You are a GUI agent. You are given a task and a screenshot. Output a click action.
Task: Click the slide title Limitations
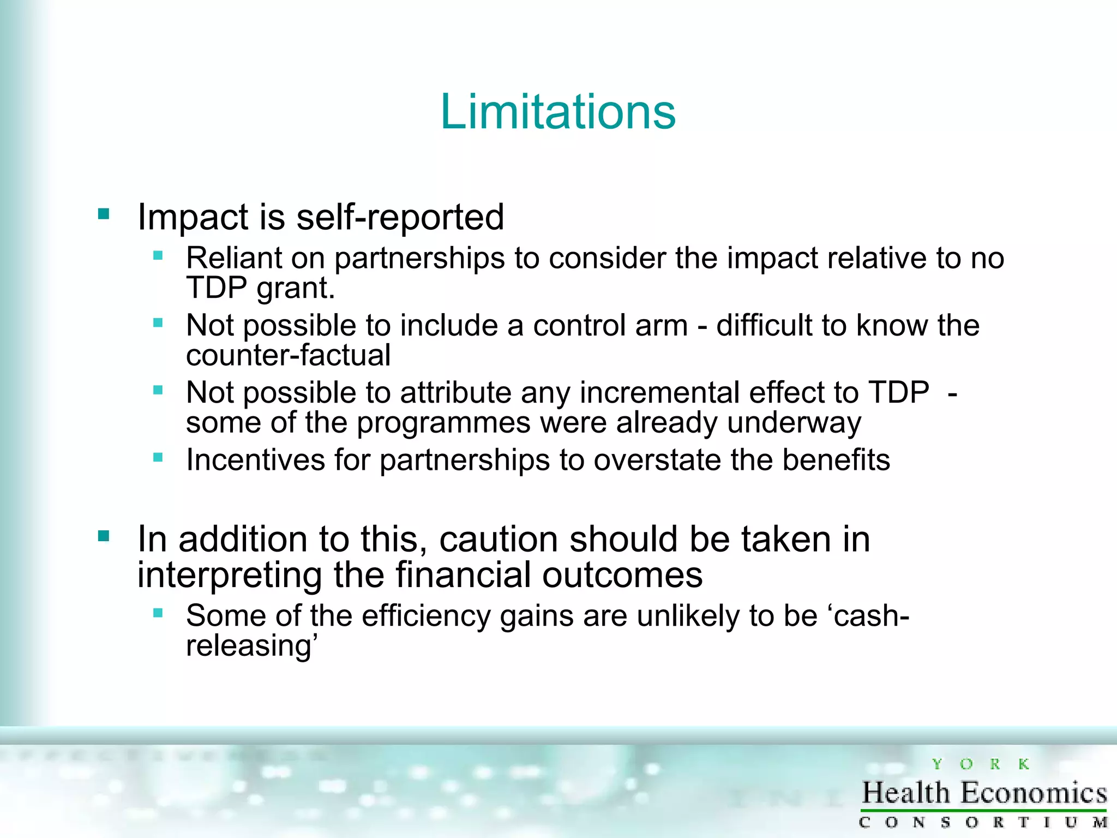(x=558, y=112)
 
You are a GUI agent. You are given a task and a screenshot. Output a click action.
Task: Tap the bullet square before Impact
(x=104, y=213)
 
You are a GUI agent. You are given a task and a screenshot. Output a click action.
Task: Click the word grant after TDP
(x=295, y=289)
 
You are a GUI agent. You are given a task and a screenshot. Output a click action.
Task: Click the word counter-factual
(x=288, y=355)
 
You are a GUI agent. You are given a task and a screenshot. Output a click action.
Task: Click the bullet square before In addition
(x=104, y=536)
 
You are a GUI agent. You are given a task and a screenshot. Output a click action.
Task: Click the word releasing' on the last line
(x=251, y=646)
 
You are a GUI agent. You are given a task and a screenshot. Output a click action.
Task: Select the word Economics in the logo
(x=1034, y=793)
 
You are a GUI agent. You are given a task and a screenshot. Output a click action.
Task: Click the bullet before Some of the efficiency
(x=158, y=613)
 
